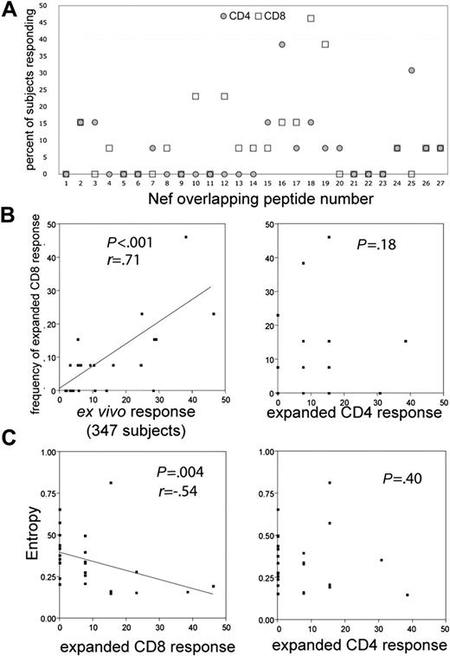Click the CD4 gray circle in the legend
223,16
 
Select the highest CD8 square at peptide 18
311,18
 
